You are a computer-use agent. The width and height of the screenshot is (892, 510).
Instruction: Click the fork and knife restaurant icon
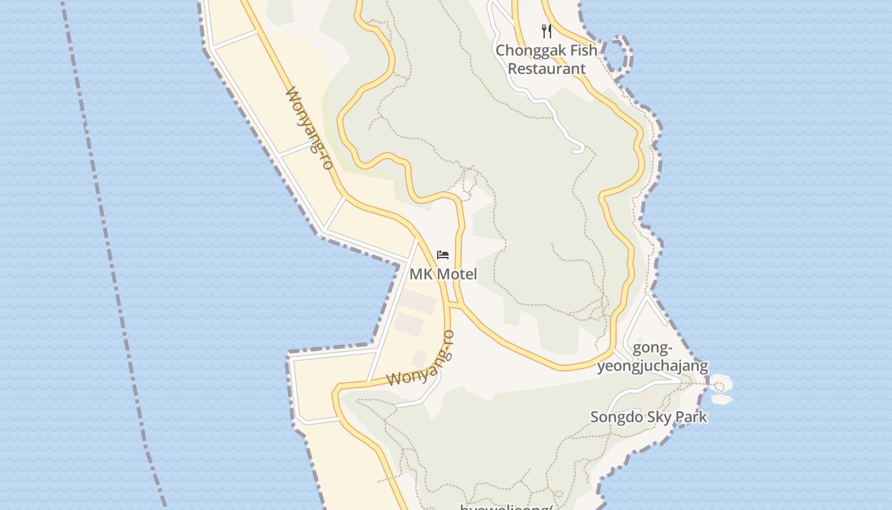click(546, 31)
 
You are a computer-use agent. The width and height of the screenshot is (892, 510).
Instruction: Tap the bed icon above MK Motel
click(443, 256)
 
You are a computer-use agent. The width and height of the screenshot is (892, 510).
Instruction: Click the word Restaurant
click(546, 69)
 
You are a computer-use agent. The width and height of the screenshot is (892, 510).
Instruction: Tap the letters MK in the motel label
click(421, 274)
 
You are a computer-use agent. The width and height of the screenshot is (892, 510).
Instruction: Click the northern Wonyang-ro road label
click(310, 128)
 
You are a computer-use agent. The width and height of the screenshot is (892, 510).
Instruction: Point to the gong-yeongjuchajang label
click(652, 357)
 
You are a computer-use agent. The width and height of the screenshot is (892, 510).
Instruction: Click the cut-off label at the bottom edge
click(505, 507)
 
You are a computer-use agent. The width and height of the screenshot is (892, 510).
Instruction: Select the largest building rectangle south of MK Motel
click(418, 301)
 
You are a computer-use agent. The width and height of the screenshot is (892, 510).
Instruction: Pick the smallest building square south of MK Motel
click(419, 358)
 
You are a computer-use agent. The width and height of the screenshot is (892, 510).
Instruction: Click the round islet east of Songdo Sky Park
click(721, 384)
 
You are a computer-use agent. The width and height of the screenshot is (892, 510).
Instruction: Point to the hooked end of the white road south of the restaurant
click(579, 150)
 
